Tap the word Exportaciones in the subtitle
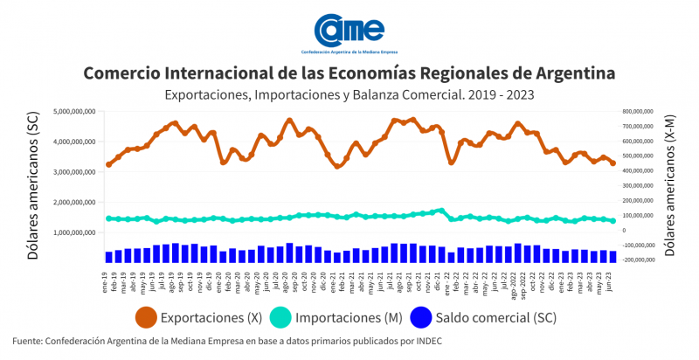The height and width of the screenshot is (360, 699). [x=207, y=93]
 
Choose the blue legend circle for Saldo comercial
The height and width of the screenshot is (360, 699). [x=447, y=315]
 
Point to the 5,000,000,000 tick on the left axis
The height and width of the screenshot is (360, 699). [x=73, y=112]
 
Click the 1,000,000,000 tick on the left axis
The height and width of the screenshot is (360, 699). [x=73, y=233]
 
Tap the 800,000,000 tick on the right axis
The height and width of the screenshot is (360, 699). [x=635, y=112]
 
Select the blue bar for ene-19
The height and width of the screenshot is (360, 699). [x=109, y=257]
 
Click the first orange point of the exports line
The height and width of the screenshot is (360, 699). [x=109, y=164]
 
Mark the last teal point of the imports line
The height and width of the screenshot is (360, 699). [x=612, y=221]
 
